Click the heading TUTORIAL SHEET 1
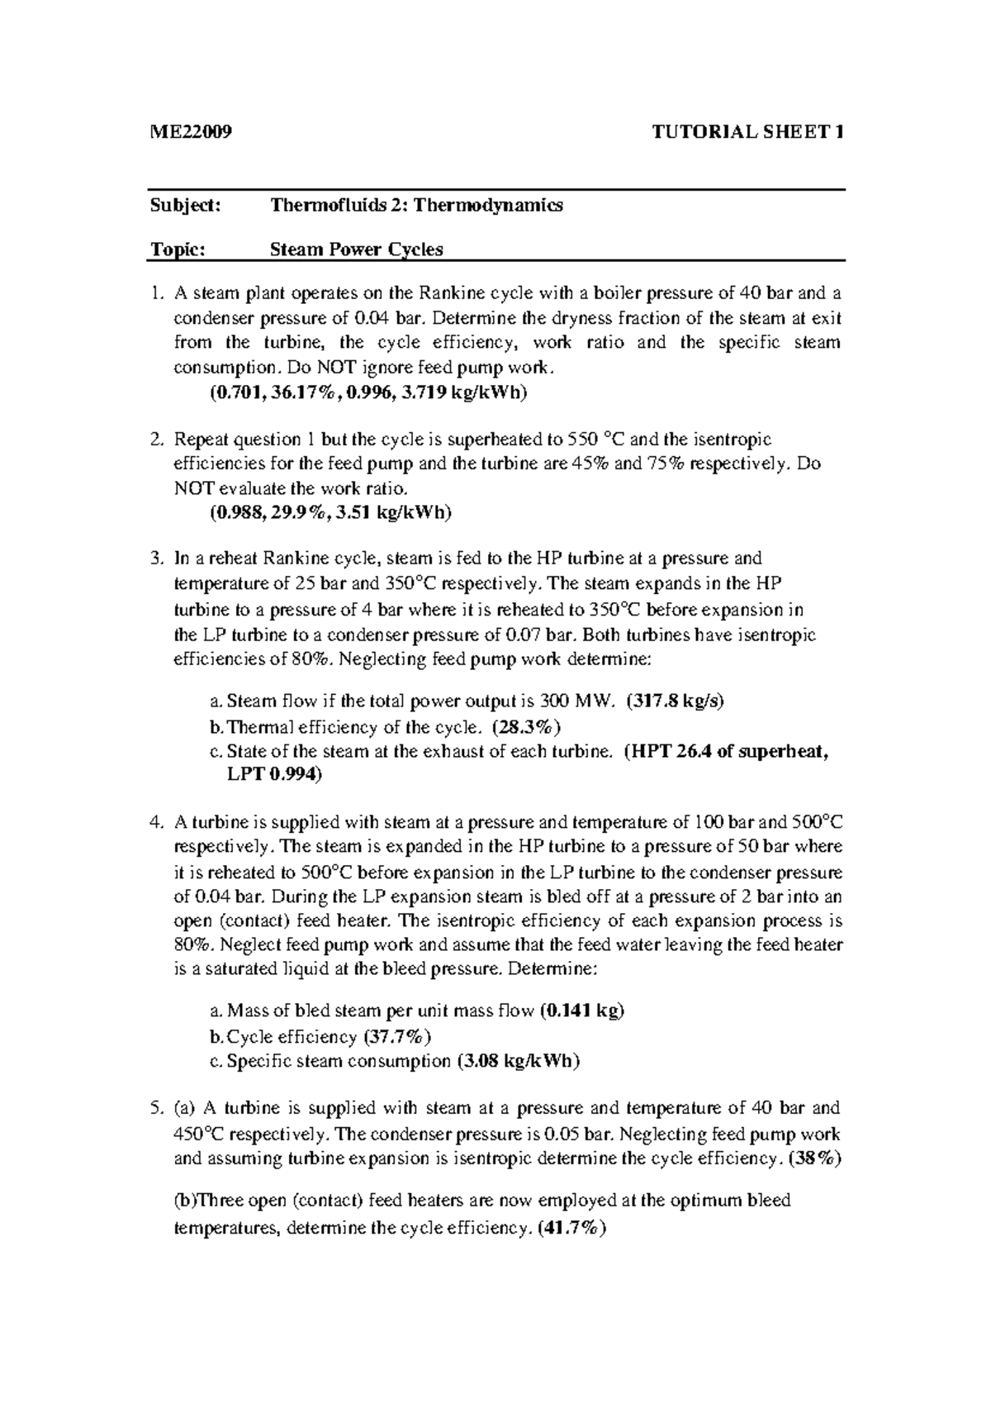coord(747,132)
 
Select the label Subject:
coord(185,205)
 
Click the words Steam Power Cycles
coord(357,249)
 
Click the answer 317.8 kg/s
coord(675,701)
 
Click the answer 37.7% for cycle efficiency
coord(397,1036)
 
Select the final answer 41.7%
coord(571,1228)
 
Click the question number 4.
coord(155,822)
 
